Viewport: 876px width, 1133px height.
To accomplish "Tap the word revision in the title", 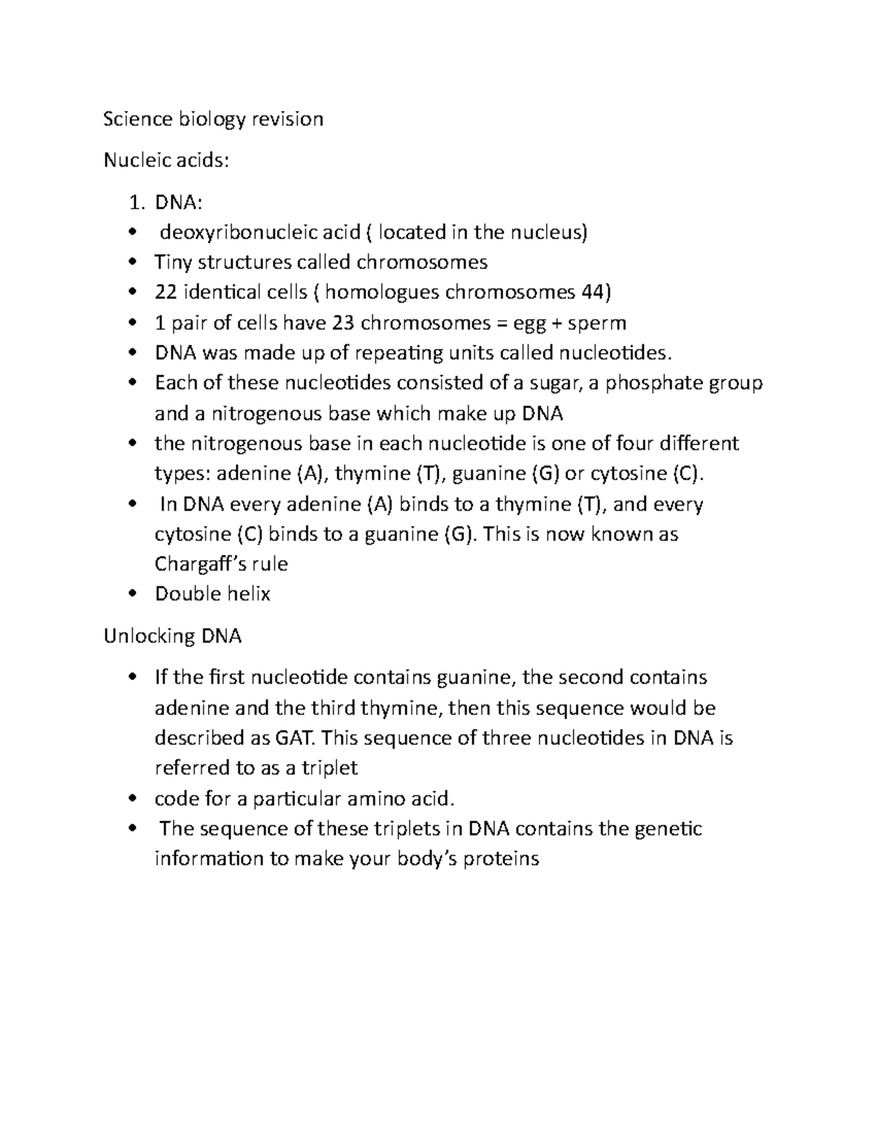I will (x=288, y=119).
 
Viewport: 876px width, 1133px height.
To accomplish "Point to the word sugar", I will (x=548, y=383).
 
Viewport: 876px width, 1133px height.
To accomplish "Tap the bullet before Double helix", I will (x=132, y=595).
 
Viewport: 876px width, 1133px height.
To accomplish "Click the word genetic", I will (x=667, y=829).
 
